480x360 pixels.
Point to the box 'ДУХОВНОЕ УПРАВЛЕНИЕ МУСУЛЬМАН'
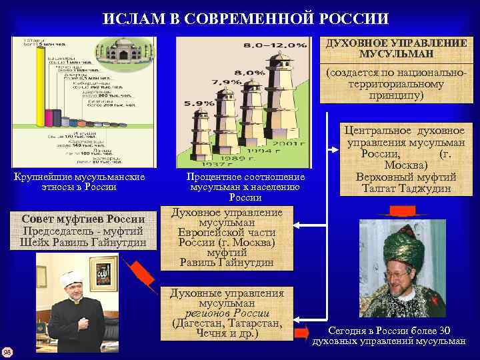click(x=396, y=47)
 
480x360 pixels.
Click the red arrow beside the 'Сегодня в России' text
click(x=301, y=332)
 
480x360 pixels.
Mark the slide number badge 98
click(x=7, y=352)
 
